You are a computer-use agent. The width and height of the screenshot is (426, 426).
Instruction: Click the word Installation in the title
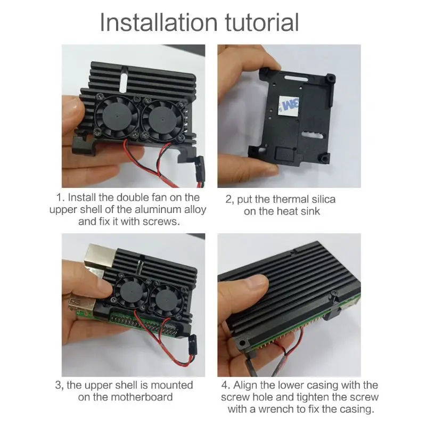click(159, 22)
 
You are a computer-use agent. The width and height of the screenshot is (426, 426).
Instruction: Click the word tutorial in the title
click(263, 22)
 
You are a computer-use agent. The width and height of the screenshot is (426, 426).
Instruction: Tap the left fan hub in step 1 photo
click(117, 116)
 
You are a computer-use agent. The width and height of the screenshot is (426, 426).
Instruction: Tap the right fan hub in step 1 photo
click(162, 119)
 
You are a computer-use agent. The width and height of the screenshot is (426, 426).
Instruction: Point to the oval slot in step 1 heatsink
click(124, 79)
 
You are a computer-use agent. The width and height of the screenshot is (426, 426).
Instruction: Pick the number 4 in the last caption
click(224, 385)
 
